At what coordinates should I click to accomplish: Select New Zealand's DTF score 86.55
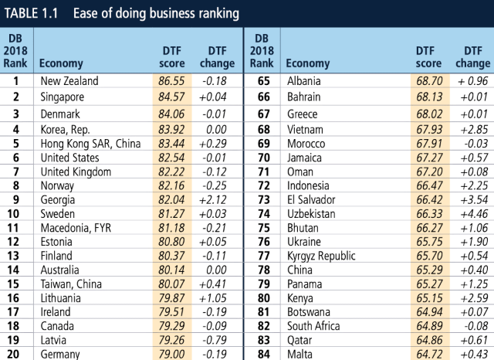click(x=171, y=80)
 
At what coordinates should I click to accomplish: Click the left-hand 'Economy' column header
click(x=61, y=63)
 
